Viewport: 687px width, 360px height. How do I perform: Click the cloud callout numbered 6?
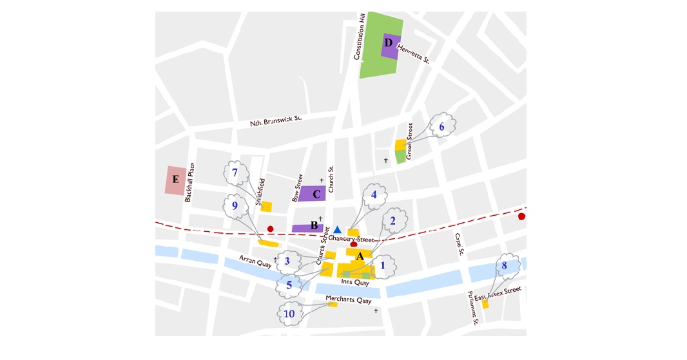pyautogui.click(x=441, y=127)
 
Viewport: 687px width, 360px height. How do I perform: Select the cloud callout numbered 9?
pyautogui.click(x=235, y=205)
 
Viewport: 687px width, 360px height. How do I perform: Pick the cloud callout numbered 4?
pyautogui.click(x=374, y=194)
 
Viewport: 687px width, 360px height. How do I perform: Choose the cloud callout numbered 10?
pyautogui.click(x=289, y=314)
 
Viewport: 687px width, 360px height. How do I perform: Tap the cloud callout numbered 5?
pyautogui.click(x=289, y=284)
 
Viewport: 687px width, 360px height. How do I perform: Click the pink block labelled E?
pyautogui.click(x=175, y=180)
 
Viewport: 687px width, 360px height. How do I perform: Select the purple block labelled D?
pyautogui.click(x=391, y=45)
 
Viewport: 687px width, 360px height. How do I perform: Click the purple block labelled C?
pyautogui.click(x=312, y=193)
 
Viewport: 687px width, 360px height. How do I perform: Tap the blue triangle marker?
pyautogui.click(x=337, y=230)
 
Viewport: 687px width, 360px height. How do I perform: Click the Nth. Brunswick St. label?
pyautogui.click(x=276, y=120)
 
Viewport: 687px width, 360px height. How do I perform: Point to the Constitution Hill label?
pyautogui.click(x=360, y=36)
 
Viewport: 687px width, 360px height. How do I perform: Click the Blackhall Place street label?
pyautogui.click(x=189, y=182)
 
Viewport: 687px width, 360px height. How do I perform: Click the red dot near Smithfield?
pyautogui.click(x=271, y=229)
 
